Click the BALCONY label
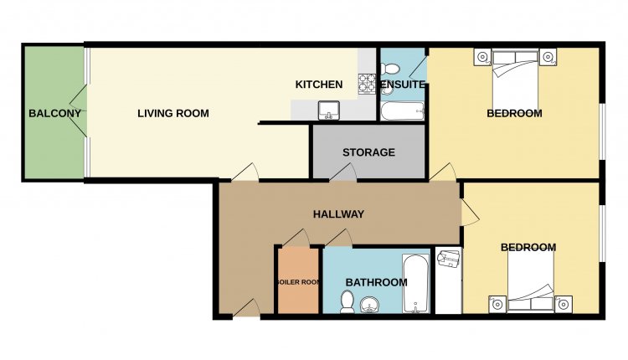(55, 113)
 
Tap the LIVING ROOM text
(173, 113)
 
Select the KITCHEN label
(319, 85)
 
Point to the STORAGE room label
(368, 152)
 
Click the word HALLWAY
(338, 214)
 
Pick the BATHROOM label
(376, 282)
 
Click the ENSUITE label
(403, 85)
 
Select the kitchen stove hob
(367, 84)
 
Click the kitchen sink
(329, 111)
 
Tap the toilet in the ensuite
(389, 69)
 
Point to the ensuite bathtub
(402, 111)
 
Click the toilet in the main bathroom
(347, 302)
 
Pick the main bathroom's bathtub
(415, 284)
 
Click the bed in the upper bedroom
(515, 79)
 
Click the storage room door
(342, 172)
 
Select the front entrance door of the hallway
(246, 309)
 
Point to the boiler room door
(296, 238)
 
